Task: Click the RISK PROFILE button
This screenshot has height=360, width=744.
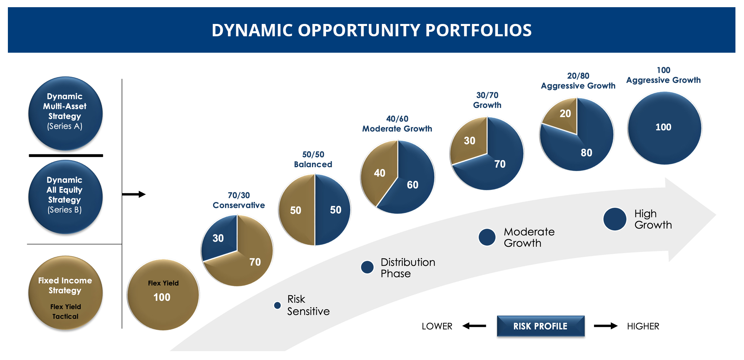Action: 540,326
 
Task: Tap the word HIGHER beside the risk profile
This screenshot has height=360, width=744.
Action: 643,326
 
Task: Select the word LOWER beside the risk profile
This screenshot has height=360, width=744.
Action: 437,326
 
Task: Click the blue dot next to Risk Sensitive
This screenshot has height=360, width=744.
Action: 277,305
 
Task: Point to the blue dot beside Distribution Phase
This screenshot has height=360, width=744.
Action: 367,267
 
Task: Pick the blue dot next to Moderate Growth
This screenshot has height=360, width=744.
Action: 487,237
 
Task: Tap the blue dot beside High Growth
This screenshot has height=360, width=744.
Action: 615,219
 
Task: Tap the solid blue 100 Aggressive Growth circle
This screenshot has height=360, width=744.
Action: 664,128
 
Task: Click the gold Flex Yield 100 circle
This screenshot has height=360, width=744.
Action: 163,295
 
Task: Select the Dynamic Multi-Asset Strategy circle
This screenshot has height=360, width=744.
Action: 65,113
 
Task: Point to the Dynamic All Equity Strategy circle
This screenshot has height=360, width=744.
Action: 65,196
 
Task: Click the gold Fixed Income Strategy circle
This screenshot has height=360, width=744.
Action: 65,293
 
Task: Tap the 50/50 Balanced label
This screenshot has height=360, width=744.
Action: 313,159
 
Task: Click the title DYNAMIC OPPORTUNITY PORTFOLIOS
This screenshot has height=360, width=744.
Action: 371,30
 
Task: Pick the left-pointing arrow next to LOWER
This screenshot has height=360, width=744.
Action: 474,326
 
